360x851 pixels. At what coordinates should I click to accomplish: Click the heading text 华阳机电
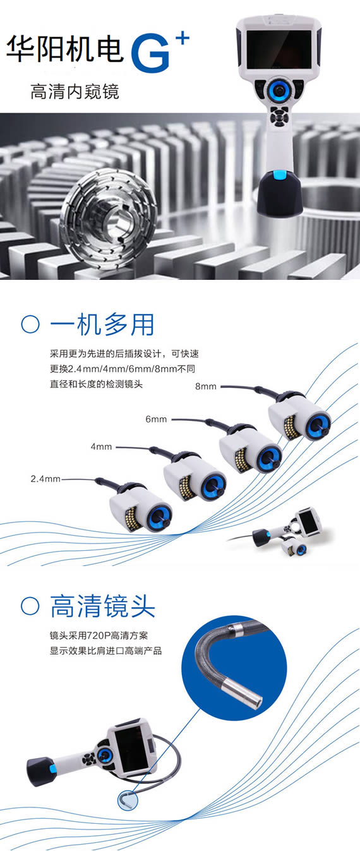[x=65, y=49]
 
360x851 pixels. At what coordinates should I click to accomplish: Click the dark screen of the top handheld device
[x=279, y=49]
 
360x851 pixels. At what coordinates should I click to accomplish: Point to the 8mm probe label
[x=205, y=387]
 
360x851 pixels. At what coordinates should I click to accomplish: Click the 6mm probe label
[x=156, y=419]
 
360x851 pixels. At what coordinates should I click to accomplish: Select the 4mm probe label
[x=102, y=447]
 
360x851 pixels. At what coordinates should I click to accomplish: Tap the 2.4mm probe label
[x=45, y=479]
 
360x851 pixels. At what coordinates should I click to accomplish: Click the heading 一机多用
[x=102, y=325]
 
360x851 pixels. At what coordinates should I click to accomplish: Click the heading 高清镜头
[x=102, y=607]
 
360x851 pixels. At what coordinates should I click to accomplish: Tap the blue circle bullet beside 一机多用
[x=30, y=325]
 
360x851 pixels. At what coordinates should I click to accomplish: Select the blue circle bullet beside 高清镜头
[x=30, y=606]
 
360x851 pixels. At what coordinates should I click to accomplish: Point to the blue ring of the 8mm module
[x=318, y=425]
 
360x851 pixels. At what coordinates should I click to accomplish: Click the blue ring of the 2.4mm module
[x=160, y=517]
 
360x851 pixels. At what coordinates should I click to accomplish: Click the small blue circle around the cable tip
[x=128, y=799]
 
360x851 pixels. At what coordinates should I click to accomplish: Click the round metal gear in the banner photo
[x=107, y=219]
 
